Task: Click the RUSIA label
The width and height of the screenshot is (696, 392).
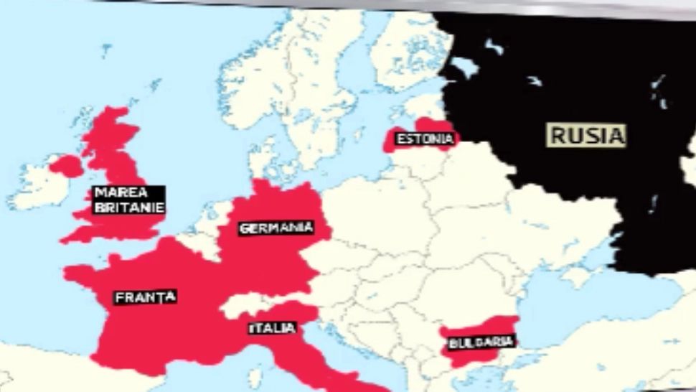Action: click(587, 134)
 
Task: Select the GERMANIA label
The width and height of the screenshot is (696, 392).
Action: click(276, 228)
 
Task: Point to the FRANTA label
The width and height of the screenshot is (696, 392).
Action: click(145, 297)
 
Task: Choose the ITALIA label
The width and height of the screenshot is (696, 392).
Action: click(272, 328)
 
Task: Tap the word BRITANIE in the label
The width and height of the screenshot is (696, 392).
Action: click(128, 208)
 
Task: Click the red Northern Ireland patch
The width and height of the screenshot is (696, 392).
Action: click(66, 167)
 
